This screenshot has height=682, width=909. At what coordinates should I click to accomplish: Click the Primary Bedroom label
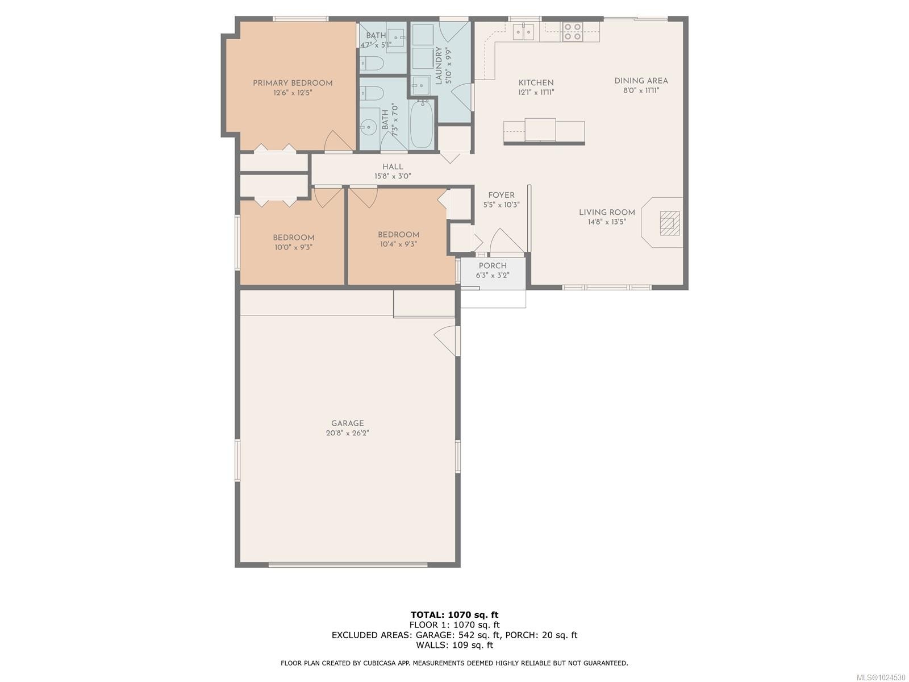(293, 83)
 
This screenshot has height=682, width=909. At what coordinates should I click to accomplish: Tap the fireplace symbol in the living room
(669, 223)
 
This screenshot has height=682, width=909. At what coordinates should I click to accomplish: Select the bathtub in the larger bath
(422, 124)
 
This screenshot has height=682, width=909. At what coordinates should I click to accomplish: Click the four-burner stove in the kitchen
(572, 32)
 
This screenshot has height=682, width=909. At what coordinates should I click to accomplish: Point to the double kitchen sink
(523, 32)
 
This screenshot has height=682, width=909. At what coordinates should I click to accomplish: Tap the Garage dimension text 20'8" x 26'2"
(347, 433)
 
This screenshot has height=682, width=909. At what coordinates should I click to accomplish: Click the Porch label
(493, 265)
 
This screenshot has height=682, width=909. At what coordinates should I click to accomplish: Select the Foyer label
(501, 195)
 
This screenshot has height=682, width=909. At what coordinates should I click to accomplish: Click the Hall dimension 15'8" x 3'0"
(393, 176)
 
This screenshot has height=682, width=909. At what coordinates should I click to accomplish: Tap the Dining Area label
(641, 81)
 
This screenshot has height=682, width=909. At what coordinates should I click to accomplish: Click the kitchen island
(544, 131)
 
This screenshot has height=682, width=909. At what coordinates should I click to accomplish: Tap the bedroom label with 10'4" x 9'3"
(398, 235)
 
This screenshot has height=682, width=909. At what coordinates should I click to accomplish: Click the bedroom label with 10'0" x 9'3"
(293, 238)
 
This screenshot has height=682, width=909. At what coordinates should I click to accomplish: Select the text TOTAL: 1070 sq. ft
(454, 614)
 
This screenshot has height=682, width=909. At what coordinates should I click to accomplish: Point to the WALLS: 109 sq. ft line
(454, 645)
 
